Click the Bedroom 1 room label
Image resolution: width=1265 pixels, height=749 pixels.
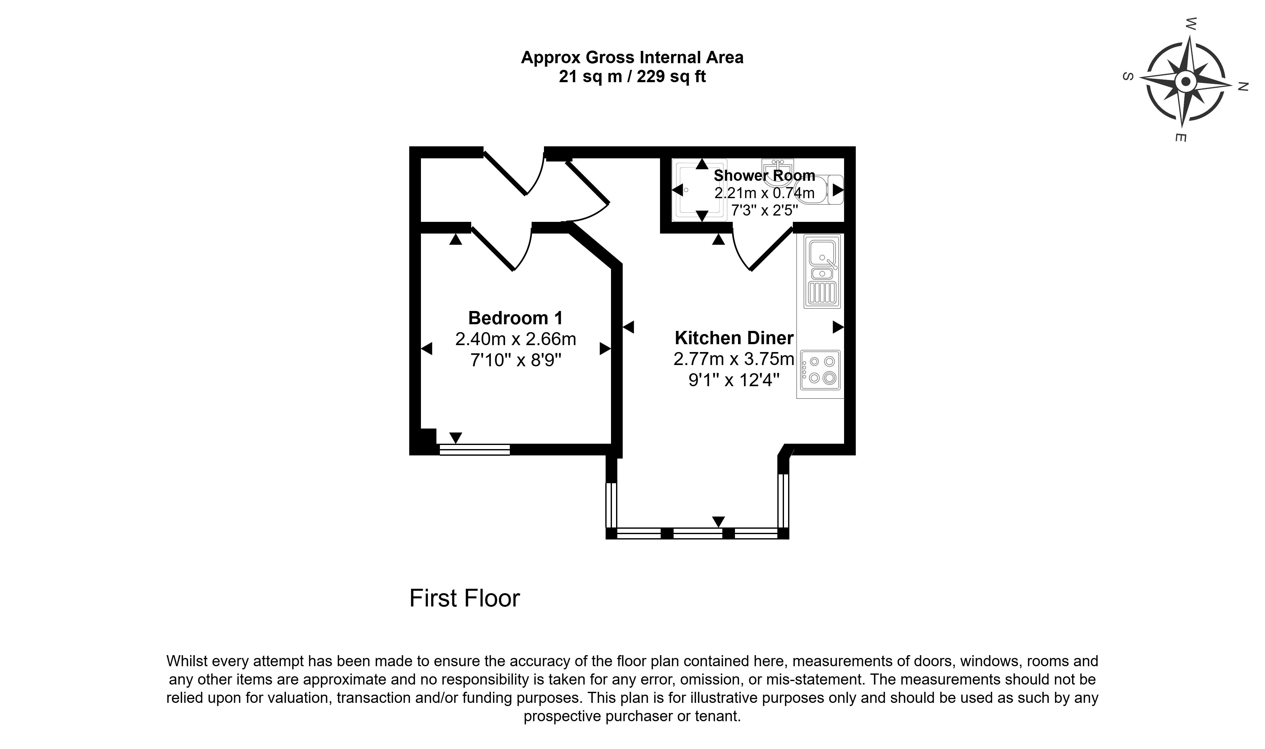(x=515, y=318)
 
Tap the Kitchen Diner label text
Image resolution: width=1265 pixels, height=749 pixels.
(x=734, y=338)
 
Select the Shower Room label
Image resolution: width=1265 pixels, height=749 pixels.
(x=764, y=176)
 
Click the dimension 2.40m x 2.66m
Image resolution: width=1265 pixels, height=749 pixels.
(x=515, y=339)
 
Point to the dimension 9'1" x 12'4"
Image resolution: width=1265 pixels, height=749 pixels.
(x=734, y=380)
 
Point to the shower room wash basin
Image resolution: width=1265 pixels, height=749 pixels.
(x=778, y=166)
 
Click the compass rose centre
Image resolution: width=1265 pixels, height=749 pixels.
(x=1186, y=81)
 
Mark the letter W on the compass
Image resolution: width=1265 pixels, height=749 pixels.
(x=1191, y=24)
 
